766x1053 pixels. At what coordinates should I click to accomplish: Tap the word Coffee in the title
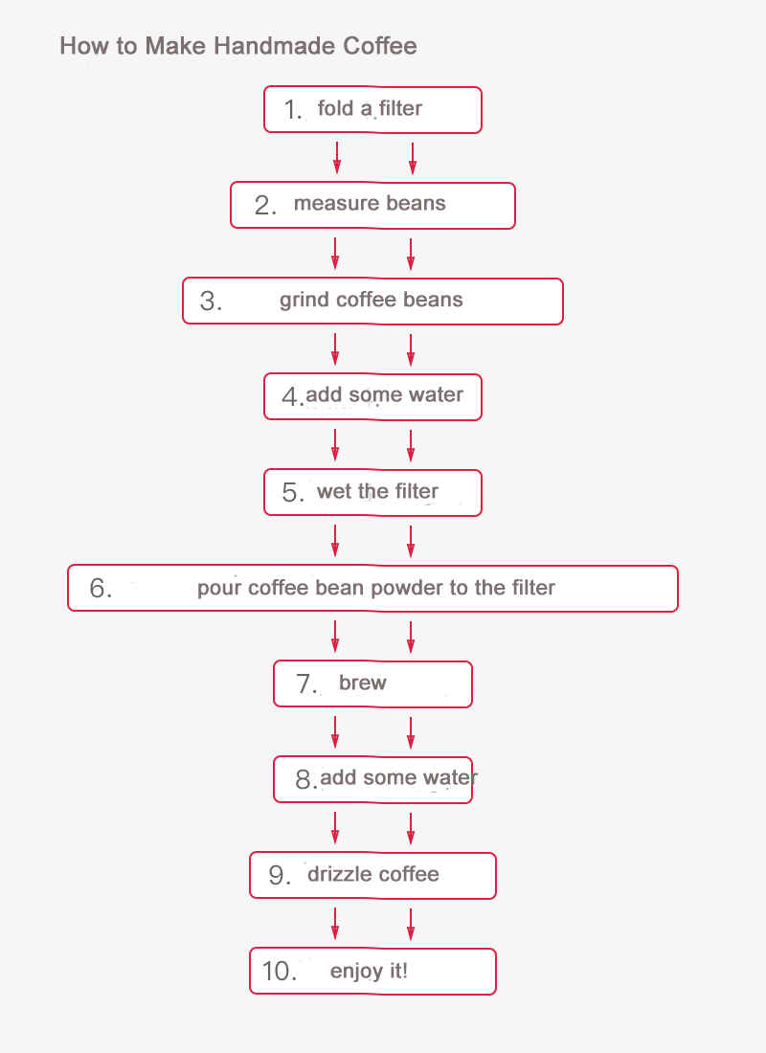pyautogui.click(x=380, y=46)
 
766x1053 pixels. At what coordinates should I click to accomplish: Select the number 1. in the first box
pyautogui.click(x=292, y=109)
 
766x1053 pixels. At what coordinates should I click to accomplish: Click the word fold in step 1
pyautogui.click(x=335, y=107)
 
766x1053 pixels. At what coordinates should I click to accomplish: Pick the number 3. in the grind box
pyautogui.click(x=211, y=301)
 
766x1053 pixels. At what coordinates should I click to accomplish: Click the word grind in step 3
pyautogui.click(x=304, y=301)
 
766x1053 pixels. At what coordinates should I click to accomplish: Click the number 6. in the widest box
pyautogui.click(x=101, y=589)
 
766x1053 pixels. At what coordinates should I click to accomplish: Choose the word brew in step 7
pyautogui.click(x=363, y=683)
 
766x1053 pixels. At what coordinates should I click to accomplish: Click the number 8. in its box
pyautogui.click(x=305, y=779)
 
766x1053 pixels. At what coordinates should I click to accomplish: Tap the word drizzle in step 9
pyautogui.click(x=338, y=874)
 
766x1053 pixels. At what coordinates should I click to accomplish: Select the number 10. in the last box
pyautogui.click(x=279, y=971)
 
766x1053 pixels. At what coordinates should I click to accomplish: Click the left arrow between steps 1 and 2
pyautogui.click(x=337, y=158)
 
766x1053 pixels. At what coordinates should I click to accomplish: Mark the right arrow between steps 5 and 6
pyautogui.click(x=411, y=541)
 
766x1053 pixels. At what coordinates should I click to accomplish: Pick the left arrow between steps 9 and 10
pyautogui.click(x=335, y=924)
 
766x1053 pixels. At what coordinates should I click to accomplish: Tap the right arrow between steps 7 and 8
pyautogui.click(x=411, y=732)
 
